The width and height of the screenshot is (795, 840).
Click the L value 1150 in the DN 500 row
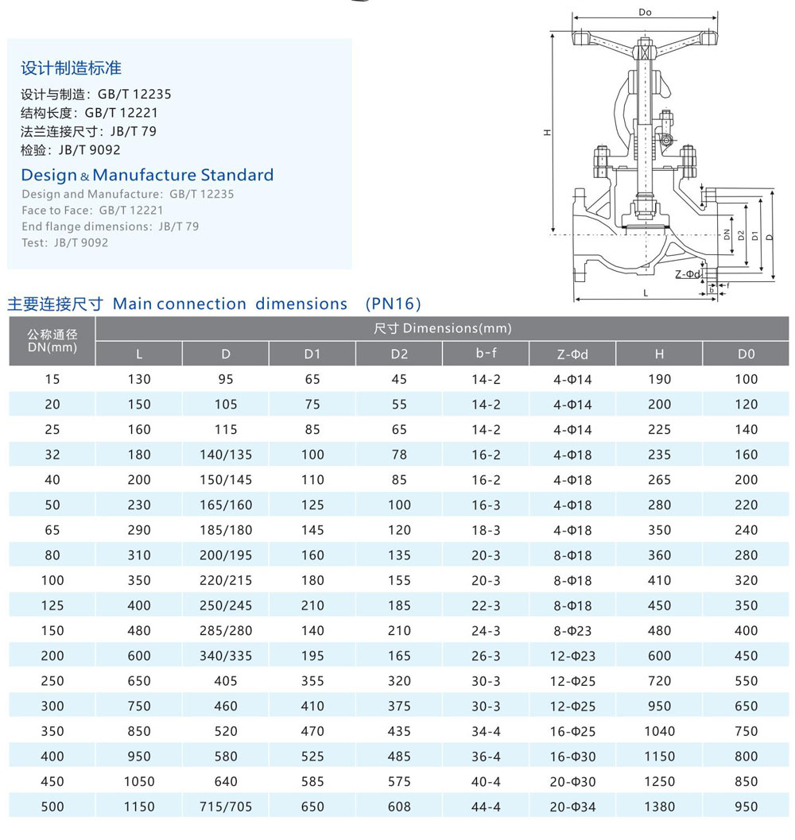tap(139, 807)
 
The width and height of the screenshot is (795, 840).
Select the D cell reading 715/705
tap(226, 807)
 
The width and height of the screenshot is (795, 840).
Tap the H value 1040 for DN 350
tap(660, 731)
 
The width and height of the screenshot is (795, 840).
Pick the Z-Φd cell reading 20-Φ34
tap(572, 807)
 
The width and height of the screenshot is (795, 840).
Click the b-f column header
tap(486, 354)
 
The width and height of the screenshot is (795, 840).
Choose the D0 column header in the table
tap(747, 354)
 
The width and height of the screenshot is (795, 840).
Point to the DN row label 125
tap(52, 606)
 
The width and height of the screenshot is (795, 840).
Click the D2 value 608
tap(399, 807)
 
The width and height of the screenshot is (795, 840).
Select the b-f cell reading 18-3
tap(486, 530)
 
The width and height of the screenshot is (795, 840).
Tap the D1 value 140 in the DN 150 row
tap(312, 631)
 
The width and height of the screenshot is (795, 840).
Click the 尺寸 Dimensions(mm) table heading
tap(442, 328)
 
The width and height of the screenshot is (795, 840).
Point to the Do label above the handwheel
tap(645, 13)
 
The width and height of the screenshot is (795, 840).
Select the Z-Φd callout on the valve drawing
tap(688, 275)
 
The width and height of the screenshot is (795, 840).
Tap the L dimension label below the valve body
tap(645, 293)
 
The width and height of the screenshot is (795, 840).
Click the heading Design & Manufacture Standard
tap(147, 175)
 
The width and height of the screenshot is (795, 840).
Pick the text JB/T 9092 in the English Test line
tap(81, 242)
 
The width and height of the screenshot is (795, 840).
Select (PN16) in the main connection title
tap(393, 304)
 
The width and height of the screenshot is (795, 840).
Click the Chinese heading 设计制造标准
tap(71, 68)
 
